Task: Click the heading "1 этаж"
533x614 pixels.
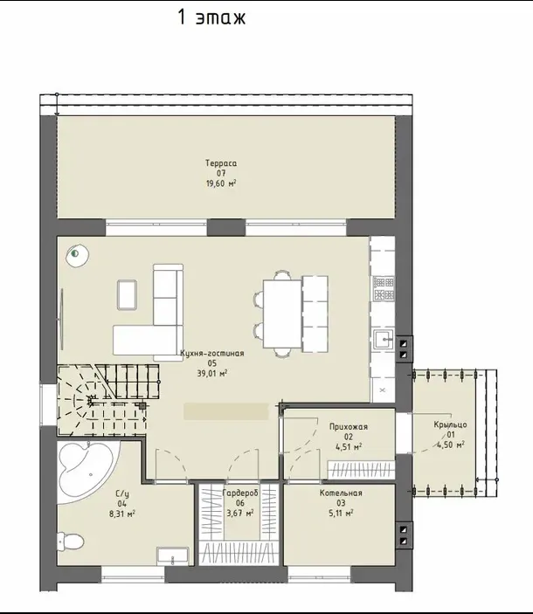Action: point(211,17)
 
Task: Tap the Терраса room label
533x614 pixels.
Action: point(221,163)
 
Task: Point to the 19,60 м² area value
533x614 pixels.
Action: point(221,183)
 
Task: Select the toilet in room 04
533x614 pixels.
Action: point(71,542)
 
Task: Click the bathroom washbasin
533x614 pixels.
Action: point(173,556)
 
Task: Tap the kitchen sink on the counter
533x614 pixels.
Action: point(383,340)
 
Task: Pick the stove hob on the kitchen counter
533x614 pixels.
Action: point(384,288)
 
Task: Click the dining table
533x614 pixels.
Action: point(282,314)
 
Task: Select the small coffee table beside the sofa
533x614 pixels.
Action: point(127,295)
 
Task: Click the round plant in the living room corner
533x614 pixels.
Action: point(77,255)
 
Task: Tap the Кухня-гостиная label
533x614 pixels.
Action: point(212,353)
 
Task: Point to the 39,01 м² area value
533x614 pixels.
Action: point(212,373)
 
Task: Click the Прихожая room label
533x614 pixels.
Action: point(349,427)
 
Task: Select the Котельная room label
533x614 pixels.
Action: point(341,493)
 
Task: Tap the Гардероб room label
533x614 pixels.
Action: point(240,493)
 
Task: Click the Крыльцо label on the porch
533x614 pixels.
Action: point(450,424)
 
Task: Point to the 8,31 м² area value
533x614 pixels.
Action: point(122,514)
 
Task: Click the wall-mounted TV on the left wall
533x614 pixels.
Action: point(61,319)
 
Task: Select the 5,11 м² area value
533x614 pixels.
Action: point(341,513)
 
